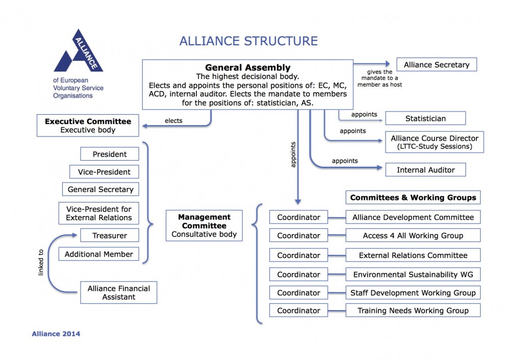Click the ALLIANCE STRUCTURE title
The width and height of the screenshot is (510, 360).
click(x=248, y=41)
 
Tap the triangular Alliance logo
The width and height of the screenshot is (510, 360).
click(x=79, y=53)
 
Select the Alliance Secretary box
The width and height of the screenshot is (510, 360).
click(x=436, y=65)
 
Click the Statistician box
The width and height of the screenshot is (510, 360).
click(x=425, y=118)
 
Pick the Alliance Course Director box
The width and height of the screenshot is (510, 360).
click(x=435, y=142)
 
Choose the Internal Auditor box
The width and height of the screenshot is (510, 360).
click(x=425, y=170)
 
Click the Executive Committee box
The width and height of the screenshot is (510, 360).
click(x=88, y=125)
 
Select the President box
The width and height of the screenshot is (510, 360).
click(x=110, y=155)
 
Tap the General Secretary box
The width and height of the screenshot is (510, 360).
click(x=100, y=190)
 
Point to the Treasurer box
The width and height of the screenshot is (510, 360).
click(x=110, y=236)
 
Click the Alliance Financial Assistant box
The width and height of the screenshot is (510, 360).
click(x=118, y=293)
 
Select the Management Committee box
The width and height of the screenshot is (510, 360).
click(x=204, y=226)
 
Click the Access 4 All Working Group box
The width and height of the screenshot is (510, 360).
click(x=413, y=236)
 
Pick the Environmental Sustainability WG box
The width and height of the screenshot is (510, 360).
click(x=413, y=275)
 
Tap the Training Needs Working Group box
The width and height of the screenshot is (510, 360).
click(x=413, y=311)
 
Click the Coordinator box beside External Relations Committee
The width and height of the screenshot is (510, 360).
click(x=298, y=255)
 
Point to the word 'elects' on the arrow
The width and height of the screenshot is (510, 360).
click(x=173, y=121)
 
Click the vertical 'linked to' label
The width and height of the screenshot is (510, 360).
click(x=41, y=262)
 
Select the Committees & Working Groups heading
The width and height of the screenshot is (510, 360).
click(x=413, y=197)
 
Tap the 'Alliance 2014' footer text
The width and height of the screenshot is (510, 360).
click(x=56, y=335)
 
